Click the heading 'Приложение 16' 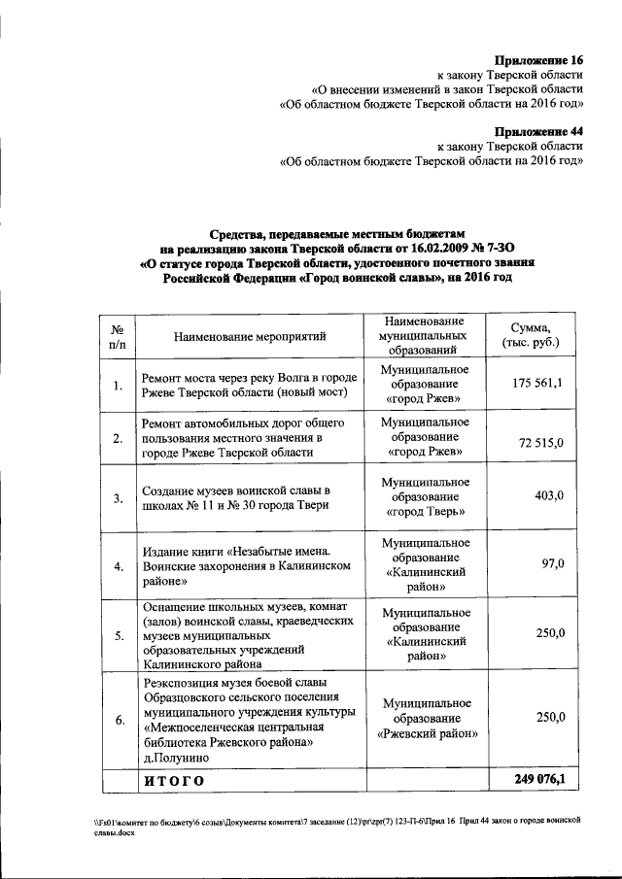(x=538, y=59)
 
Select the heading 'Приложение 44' (x=538, y=131)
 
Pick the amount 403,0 (x=549, y=496)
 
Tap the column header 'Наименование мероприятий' (x=250, y=336)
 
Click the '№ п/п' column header (x=118, y=336)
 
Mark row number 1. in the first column (x=118, y=387)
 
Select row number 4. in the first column (x=118, y=567)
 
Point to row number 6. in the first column (x=118, y=720)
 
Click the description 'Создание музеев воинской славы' (x=236, y=490)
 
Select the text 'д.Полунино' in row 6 (x=176, y=758)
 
